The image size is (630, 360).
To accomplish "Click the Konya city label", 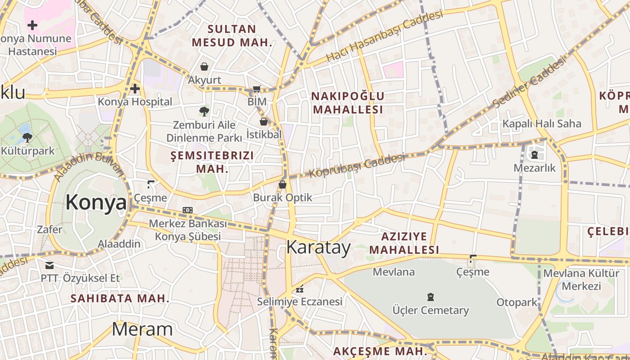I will (96, 202).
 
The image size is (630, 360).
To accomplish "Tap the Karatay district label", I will (318, 247).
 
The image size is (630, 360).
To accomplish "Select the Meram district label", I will (142, 329).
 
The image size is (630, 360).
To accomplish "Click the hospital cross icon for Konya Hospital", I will (135, 89).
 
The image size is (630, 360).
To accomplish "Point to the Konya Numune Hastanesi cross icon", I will (32, 25).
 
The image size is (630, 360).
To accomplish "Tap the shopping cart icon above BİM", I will (257, 89).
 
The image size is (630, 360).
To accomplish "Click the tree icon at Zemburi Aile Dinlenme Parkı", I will (204, 111).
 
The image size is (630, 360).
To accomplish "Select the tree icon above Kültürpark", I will (27, 137).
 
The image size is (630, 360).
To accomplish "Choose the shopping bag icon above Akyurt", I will (204, 67).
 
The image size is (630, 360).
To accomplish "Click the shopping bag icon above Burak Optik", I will (282, 184).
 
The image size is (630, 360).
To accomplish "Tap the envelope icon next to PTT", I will (49, 265).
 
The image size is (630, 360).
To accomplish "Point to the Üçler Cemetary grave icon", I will (431, 297).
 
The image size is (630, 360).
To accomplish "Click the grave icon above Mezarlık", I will (535, 155).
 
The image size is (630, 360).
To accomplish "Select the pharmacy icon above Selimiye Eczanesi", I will (300, 289).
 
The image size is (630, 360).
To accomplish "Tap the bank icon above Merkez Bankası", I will (188, 210).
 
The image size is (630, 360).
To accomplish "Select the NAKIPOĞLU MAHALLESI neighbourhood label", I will (348, 103).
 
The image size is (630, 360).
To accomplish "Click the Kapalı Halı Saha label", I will (542, 123).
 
